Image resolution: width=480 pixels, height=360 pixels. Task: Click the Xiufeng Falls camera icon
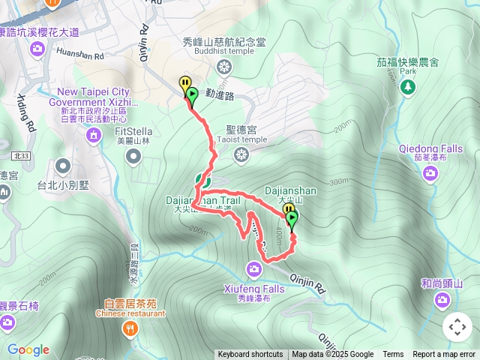(x=255, y=268)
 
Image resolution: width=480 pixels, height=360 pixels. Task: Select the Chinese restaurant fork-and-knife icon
(x=131, y=328)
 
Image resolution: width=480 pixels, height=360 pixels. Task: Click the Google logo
(x=28, y=349)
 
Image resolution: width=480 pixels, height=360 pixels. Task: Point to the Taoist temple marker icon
(x=241, y=155)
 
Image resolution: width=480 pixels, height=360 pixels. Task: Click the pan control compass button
(x=457, y=327)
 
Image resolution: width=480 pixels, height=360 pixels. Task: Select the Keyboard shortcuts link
(x=250, y=355)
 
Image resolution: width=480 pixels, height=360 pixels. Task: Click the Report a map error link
(x=444, y=355)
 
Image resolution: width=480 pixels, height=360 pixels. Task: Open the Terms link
(x=393, y=355)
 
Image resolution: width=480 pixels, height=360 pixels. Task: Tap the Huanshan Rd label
(x=78, y=54)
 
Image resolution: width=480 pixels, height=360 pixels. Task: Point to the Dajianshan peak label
(x=290, y=191)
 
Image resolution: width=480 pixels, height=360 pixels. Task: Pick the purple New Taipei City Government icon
(x=93, y=135)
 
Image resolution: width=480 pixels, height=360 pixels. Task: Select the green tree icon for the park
(x=408, y=88)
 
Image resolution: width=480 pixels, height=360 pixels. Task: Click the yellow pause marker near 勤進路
(x=184, y=84)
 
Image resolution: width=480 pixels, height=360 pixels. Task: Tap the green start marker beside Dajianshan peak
(x=292, y=219)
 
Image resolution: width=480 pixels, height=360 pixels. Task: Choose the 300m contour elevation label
(x=339, y=181)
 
